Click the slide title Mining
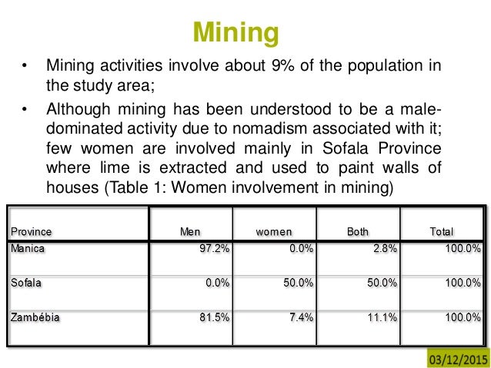point(235,33)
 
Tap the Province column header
point(32,230)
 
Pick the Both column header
point(357,230)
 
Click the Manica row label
point(27,248)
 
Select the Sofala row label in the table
point(26,283)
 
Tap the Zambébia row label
point(35,317)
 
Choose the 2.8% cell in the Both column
point(383,248)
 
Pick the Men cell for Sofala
point(217,283)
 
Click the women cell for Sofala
point(297,283)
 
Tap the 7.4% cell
point(300,317)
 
